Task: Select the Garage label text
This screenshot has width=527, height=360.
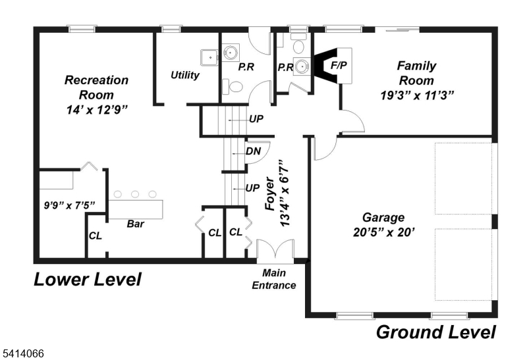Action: [x=383, y=218]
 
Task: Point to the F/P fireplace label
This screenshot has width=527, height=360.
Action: [x=339, y=66]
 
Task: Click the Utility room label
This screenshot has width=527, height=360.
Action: [x=184, y=75]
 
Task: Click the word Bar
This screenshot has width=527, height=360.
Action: [x=136, y=224]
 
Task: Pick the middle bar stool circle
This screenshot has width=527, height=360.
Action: [x=135, y=194]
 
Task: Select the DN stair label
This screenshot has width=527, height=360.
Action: [x=253, y=151]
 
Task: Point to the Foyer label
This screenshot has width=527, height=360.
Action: [x=269, y=195]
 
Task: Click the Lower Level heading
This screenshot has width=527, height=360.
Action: [x=88, y=280]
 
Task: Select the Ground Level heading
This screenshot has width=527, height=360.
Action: [x=435, y=332]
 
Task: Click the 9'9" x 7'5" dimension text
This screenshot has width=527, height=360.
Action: [x=65, y=205]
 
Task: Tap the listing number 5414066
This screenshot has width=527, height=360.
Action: [x=22, y=354]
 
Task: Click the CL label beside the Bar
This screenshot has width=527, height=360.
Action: [x=95, y=236]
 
